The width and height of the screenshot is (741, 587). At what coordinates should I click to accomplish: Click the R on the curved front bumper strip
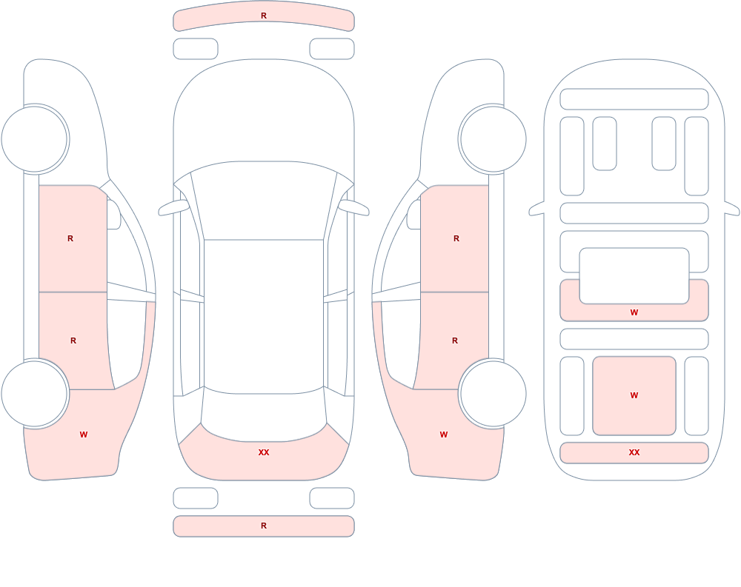coord(264,16)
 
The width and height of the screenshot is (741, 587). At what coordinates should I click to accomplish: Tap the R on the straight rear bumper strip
coord(264,526)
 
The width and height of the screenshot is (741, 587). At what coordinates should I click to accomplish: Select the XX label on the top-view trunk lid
coord(264,452)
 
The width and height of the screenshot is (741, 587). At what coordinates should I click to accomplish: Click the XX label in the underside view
coord(634,452)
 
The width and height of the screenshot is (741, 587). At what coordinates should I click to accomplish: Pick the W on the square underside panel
coord(634,395)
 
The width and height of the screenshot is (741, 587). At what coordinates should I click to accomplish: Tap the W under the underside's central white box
coord(634,312)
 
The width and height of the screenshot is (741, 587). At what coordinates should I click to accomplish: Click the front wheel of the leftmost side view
coord(35,139)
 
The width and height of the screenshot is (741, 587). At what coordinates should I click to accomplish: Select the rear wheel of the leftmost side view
coord(35,393)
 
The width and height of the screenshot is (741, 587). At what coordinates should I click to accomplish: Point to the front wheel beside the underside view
coord(493,139)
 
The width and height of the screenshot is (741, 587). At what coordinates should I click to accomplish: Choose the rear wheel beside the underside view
coord(493,393)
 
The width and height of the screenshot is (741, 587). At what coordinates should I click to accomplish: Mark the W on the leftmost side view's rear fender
coord(84,435)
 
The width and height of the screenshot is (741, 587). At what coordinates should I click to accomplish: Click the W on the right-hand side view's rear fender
coord(444,435)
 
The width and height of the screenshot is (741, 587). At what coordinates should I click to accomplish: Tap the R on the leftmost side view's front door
coord(70,238)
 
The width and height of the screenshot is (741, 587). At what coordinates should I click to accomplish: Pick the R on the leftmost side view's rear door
coord(73,341)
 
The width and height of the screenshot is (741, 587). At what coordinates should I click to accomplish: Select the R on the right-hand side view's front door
coord(456,238)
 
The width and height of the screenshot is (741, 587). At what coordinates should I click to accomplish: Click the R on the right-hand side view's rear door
coord(455,341)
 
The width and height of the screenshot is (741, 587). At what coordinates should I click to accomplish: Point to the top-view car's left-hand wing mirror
coord(173,207)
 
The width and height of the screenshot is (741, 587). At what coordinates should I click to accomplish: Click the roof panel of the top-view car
coord(264,315)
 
